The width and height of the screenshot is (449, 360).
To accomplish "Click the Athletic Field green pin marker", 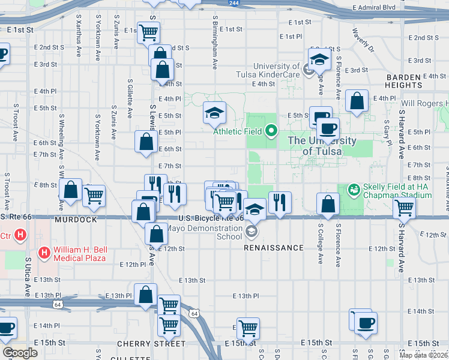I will coord(271,130).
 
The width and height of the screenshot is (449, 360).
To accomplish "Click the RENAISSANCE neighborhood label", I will coord(274,247).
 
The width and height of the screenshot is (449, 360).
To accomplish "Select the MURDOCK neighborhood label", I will coord(76,220).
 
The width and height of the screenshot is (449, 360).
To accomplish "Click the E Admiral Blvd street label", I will coord(374,8).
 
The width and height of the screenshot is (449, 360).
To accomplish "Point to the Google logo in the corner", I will coord(20,353).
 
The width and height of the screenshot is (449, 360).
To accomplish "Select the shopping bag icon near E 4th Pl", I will coord(357,101).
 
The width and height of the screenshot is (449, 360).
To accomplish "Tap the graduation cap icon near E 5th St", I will coord(214,112).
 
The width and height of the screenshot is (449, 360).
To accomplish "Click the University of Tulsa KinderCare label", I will coord(276,70).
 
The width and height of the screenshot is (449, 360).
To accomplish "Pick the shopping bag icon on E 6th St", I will coord(146,142).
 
